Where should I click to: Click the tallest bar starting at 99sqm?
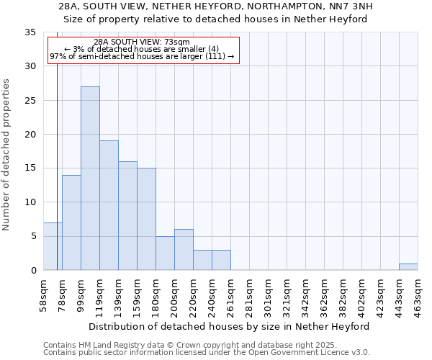point(90,179)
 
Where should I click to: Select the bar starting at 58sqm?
point(53,246)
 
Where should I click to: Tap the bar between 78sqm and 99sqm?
point(71,222)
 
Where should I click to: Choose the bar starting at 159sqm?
point(146,219)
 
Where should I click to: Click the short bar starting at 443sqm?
point(408,266)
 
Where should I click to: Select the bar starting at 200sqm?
point(184,250)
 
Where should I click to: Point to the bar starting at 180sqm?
point(165,253)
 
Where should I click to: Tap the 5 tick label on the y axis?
point(33,236)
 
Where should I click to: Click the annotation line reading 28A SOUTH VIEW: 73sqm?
point(142,42)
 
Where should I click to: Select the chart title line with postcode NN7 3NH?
point(216,6)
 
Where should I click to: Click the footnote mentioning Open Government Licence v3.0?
point(207,353)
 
